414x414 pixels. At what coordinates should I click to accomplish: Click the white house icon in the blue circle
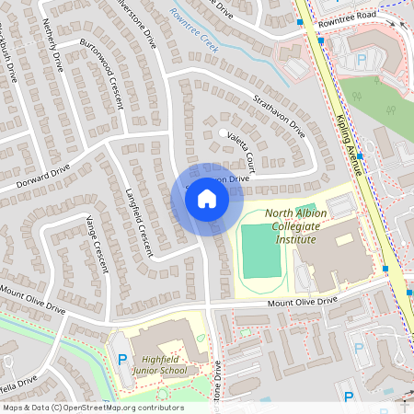point(207,199)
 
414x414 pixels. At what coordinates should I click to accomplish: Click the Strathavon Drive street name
point(279,115)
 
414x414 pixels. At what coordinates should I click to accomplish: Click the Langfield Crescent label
point(137,222)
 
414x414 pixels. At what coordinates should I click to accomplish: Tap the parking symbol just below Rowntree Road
point(362,59)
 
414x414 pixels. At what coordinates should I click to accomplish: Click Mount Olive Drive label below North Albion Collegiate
point(303,303)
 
